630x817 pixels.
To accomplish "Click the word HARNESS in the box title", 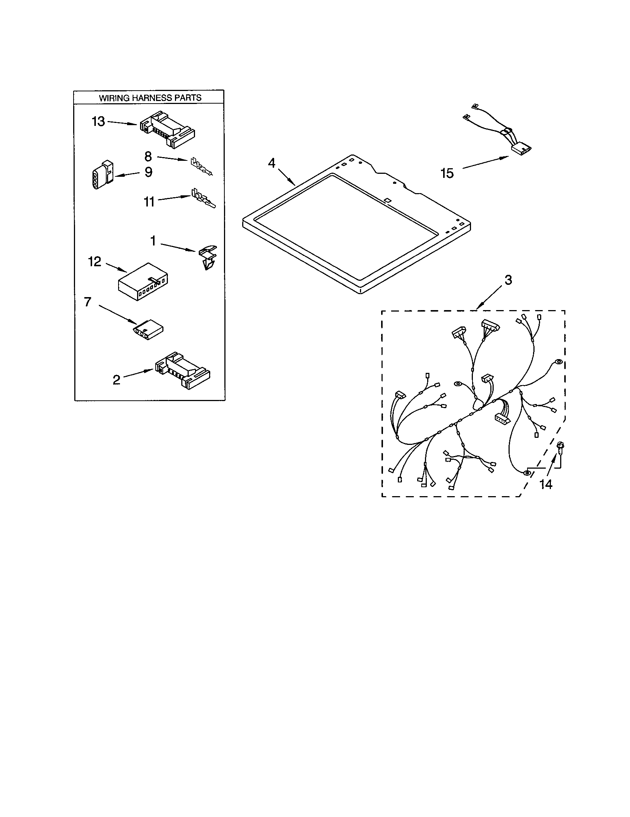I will point(149,98).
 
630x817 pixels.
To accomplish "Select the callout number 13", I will point(99,121).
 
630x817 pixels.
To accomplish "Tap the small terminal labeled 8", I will point(201,167).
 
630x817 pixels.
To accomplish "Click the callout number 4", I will point(272,163).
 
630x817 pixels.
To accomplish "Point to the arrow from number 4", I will point(287,177).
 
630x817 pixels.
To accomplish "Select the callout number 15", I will point(447,173).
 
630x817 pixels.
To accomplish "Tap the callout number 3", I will point(508,280).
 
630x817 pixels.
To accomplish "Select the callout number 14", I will point(546,484).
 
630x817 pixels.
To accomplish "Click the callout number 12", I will point(95,261).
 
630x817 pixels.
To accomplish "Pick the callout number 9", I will point(149,172).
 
